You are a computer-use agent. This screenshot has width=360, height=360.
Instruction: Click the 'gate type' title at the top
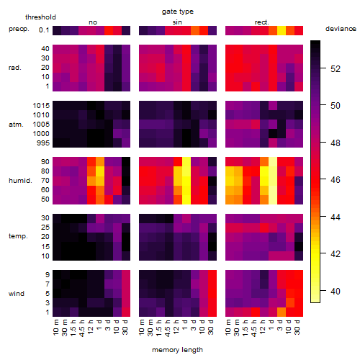coord(178,12)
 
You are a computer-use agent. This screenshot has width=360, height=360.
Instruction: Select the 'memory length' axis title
coord(177,350)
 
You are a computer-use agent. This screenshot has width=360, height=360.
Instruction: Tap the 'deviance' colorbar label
coord(341,29)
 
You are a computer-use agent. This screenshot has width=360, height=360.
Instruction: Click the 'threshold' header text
coord(40,17)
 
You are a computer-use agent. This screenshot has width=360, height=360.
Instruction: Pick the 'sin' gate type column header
coord(177,22)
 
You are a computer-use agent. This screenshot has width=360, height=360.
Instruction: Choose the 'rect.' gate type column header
coord(262,22)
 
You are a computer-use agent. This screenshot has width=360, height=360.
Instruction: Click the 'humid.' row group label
coord(20,181)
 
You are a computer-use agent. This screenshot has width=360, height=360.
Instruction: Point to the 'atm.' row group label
coord(16,125)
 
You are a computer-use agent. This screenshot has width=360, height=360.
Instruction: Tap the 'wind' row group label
coord(17,294)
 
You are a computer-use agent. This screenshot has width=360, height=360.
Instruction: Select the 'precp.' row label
coord(19,30)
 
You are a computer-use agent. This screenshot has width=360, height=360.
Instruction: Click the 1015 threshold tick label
coord(41,106)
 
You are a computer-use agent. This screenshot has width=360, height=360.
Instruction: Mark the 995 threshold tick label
coord(43,143)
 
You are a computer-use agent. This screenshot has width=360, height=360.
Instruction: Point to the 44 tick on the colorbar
coord(336,217)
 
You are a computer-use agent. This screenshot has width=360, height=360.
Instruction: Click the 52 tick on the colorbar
coord(336,69)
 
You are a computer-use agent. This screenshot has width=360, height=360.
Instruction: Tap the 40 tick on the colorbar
coord(336,292)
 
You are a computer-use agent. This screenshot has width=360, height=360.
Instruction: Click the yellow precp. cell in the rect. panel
coord(282,30)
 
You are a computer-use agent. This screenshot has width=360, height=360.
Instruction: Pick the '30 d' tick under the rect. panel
coord(297,327)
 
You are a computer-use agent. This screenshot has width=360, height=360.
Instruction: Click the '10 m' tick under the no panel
coord(56,328)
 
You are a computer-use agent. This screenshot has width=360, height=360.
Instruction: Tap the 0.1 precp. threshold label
coord(44,30)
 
